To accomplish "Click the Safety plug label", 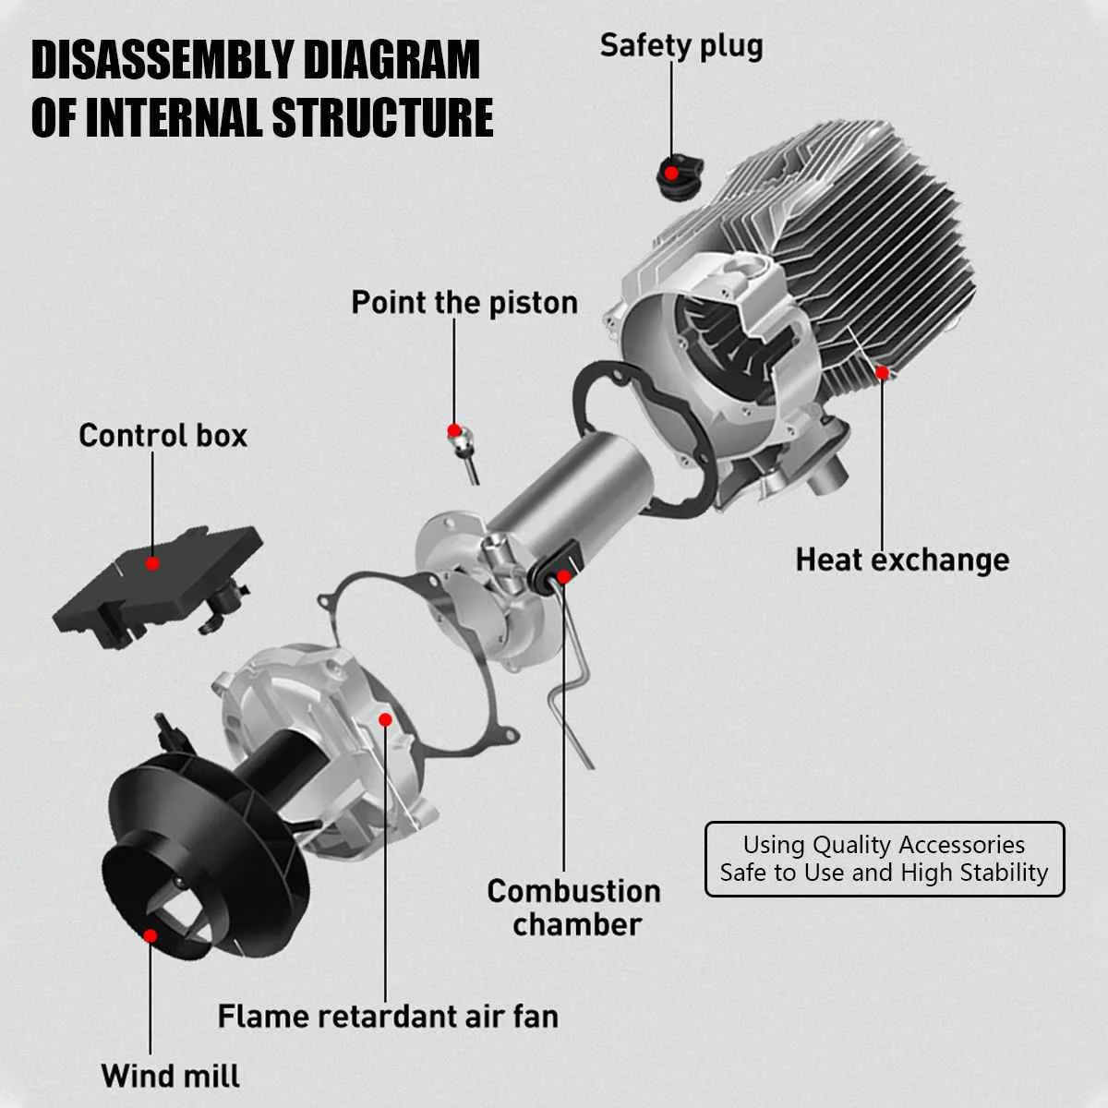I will point(681,46).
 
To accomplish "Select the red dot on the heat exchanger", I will point(882,373).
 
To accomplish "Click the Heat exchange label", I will point(902,560).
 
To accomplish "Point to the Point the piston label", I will point(464,303).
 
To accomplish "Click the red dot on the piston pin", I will point(454,430).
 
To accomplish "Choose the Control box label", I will point(163,436).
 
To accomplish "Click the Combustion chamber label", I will point(573,908).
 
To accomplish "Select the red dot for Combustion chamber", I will point(563,577).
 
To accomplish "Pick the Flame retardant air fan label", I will point(388,1017).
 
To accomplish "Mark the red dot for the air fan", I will point(385,718).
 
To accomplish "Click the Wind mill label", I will point(171,1076).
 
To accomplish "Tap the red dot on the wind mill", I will point(150,935).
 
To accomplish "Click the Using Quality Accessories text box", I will point(885,859).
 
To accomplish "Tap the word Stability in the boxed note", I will point(1004,873).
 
